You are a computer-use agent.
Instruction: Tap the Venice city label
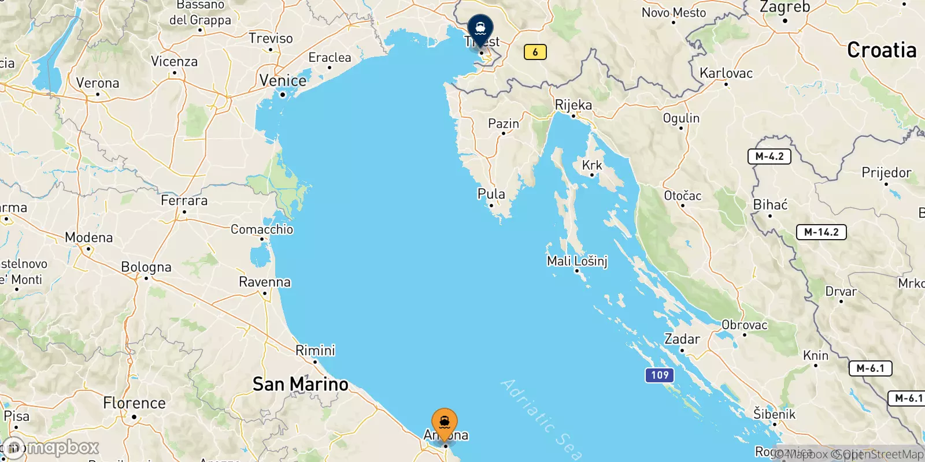point(283,81)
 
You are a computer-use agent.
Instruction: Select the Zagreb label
point(785,8)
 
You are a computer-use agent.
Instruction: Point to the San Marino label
point(301,384)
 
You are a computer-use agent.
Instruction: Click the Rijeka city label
point(573,105)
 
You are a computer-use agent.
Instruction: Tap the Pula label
point(491,194)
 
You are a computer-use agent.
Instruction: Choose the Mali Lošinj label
point(577,261)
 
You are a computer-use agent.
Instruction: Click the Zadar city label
point(682,339)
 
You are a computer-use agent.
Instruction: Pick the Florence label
point(134,403)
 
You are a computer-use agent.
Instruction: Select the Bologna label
point(146,267)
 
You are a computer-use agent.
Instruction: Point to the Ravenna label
point(265,282)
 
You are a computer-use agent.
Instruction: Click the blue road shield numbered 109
point(660,375)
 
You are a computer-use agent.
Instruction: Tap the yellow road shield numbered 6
point(535,52)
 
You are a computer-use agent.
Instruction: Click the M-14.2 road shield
point(821,232)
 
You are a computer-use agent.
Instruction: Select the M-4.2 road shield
point(769,157)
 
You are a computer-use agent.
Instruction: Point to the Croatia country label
point(882,50)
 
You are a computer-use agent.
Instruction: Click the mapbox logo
point(52,448)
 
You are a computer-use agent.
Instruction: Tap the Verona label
point(98,83)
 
